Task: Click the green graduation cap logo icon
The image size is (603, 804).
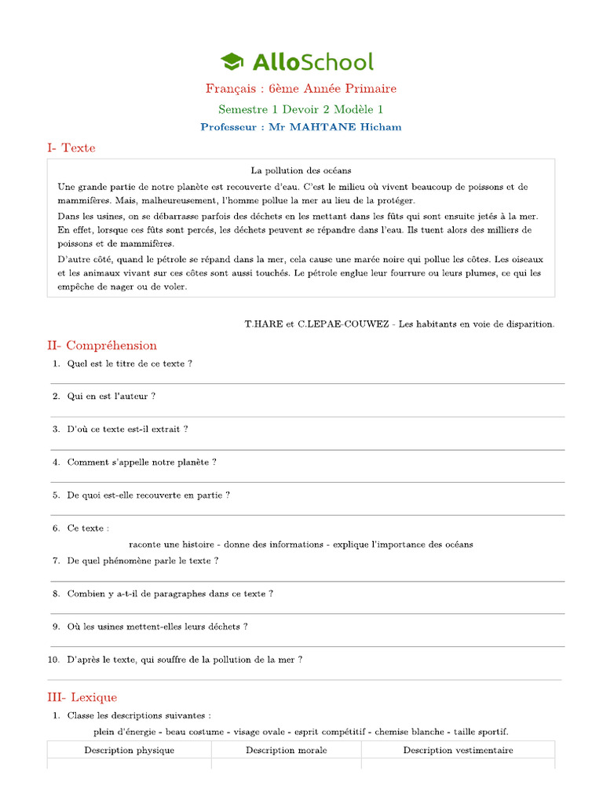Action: pos(232,61)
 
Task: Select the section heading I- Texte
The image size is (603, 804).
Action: pos(71,148)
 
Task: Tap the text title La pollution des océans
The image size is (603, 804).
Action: pos(301,170)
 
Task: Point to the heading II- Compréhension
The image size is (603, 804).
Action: pos(102,345)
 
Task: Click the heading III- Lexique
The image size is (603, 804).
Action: pos(82,697)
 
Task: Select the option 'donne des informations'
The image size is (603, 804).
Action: pos(274,544)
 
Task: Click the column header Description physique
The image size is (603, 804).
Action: pos(130,750)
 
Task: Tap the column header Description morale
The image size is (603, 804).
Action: pos(287,750)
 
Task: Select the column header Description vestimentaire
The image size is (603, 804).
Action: pos(459,750)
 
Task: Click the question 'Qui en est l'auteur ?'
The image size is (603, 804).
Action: pos(111,397)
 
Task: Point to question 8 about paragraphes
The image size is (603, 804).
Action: pos(170,594)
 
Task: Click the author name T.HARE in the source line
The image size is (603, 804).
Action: pos(259,323)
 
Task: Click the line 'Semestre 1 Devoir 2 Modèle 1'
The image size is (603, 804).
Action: pos(301,110)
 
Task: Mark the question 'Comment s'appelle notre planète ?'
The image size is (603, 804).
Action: pos(141,462)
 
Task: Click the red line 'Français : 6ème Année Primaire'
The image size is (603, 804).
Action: pos(301,89)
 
